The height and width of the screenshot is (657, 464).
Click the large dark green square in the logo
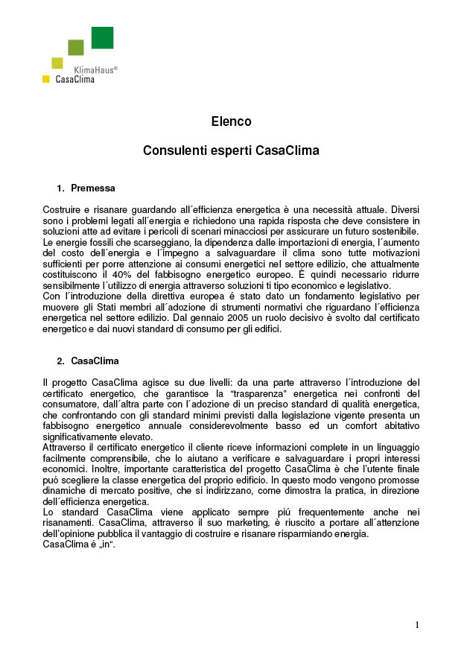click(102, 37)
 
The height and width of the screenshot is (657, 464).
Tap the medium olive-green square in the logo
click(76, 48)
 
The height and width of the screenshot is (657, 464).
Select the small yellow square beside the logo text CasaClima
click(46, 79)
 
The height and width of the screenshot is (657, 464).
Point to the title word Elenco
click(231, 121)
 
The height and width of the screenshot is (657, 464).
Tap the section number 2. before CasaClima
click(61, 361)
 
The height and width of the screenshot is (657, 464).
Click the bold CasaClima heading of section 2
click(95, 361)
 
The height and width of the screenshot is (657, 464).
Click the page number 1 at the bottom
click(417, 625)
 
